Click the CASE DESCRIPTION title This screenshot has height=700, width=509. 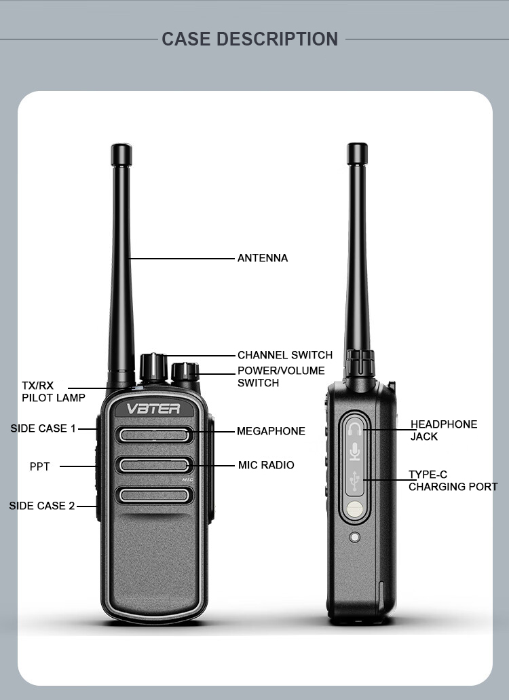click(x=250, y=39)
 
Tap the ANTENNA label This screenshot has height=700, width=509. click(x=262, y=258)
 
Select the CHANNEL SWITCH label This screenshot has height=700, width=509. click(x=284, y=355)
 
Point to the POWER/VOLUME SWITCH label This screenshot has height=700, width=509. click(x=280, y=377)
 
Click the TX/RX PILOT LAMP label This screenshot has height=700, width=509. click(x=53, y=392)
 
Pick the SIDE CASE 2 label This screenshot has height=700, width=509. click(x=41, y=506)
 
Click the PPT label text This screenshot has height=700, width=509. click(x=39, y=466)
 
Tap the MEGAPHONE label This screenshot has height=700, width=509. click(x=271, y=431)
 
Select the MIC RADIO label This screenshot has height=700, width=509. click(x=266, y=465)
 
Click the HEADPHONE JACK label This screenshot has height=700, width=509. click(x=443, y=430)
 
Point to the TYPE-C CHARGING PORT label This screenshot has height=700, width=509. click(x=452, y=481)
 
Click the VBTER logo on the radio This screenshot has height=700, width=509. click(x=153, y=409)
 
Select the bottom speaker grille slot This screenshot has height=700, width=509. click(x=154, y=496)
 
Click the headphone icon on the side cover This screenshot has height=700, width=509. click(x=355, y=428)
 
